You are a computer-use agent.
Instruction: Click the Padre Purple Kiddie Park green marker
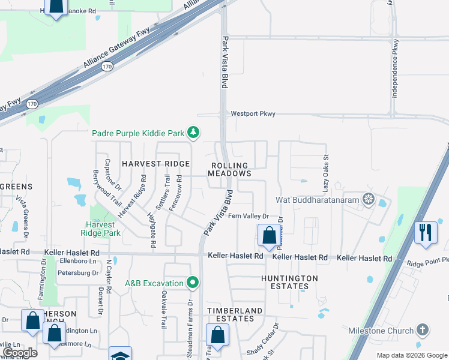coord(193,132)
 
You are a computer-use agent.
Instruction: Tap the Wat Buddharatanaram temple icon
coord(368,199)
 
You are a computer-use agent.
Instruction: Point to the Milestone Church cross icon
coord(423,330)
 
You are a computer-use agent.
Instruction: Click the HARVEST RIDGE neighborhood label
coord(155,163)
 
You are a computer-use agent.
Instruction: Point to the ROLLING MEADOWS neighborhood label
coord(229,169)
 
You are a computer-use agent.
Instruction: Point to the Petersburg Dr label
coord(77,273)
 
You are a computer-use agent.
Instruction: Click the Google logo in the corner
coord(20,353)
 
